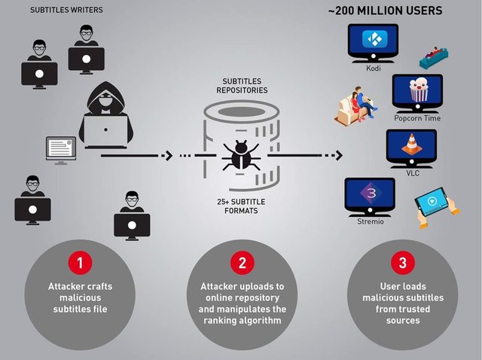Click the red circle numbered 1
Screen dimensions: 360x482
click(x=81, y=263)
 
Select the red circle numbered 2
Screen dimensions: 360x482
click(x=242, y=263)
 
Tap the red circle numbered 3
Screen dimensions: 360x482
click(x=402, y=263)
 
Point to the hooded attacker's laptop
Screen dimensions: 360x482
click(x=105, y=131)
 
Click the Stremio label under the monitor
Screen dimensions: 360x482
click(x=370, y=221)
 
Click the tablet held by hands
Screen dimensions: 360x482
click(x=435, y=203)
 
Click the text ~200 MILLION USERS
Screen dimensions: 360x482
click(x=385, y=11)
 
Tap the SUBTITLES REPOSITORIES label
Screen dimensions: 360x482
click(x=241, y=85)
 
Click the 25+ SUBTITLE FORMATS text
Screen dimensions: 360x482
click(x=241, y=206)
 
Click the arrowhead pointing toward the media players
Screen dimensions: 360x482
click(x=339, y=156)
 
